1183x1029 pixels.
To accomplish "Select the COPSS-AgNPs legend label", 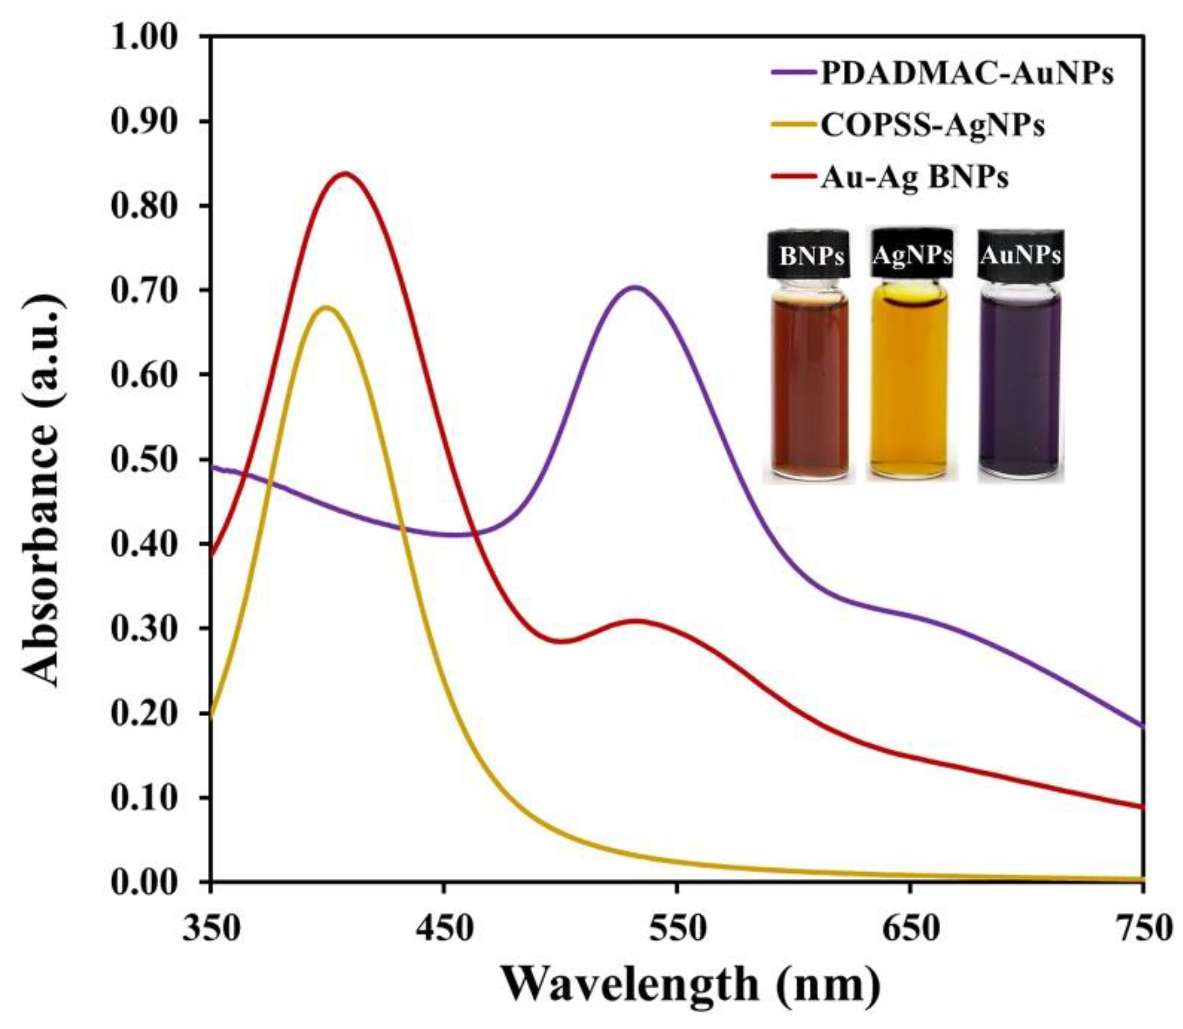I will tap(932, 125).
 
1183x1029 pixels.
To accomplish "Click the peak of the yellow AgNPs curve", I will tap(325, 307).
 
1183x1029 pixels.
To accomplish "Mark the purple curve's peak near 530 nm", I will tap(634, 286).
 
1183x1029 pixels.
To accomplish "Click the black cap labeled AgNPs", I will tap(912, 253).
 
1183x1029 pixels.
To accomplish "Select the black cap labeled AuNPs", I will tap(1020, 253).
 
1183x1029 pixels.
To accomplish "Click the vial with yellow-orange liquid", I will tap(910, 385).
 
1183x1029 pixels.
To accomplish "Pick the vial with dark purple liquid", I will tap(1020, 385).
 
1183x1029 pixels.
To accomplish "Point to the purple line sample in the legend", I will tap(793, 74).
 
